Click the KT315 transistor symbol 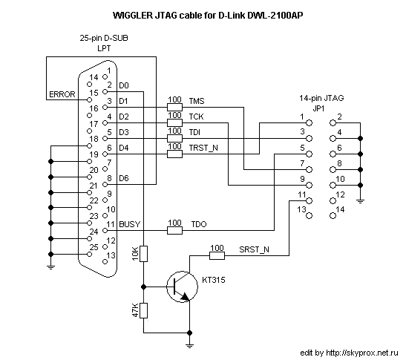(x=183, y=287)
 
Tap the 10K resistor (x=144, y=254)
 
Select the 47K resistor (x=144, y=310)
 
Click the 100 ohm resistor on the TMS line (x=174, y=107)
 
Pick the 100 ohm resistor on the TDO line (x=174, y=231)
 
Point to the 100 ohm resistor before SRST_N (x=217, y=256)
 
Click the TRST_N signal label (x=203, y=148)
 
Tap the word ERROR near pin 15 (x=62, y=94)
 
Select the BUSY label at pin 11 (x=129, y=224)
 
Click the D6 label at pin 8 (x=124, y=178)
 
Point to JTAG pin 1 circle (x=310, y=122)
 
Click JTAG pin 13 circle (x=310, y=216)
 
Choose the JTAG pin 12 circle (x=333, y=200)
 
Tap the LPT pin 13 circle (x=105, y=262)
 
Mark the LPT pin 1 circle (x=105, y=77)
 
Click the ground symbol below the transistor (x=189, y=345)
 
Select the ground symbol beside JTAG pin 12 (x=360, y=201)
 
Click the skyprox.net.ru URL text (x=362, y=353)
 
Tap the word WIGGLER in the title (x=133, y=16)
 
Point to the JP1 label (x=318, y=108)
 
